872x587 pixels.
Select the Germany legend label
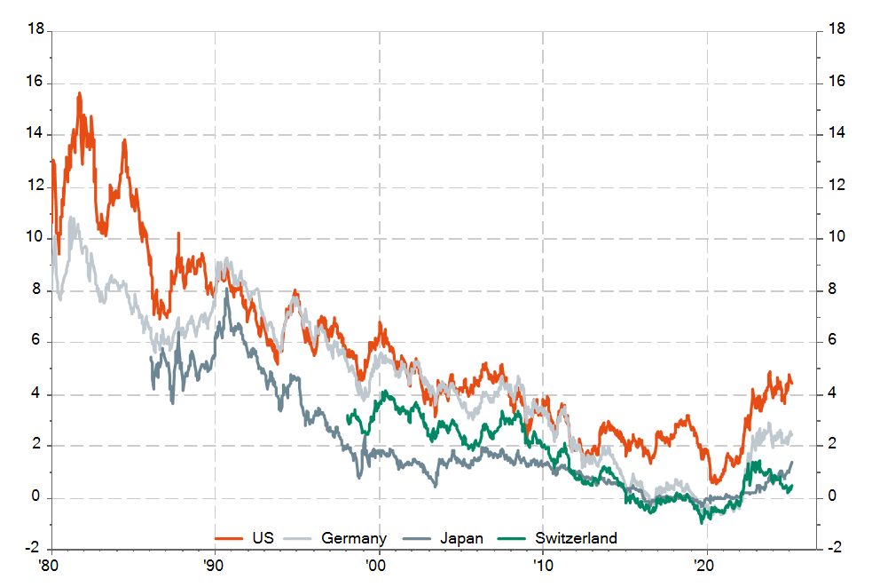tap(354, 538)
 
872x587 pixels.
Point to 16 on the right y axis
tap(835, 83)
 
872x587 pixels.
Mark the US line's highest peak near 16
tap(79, 93)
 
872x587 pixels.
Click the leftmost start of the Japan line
tap(150, 357)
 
